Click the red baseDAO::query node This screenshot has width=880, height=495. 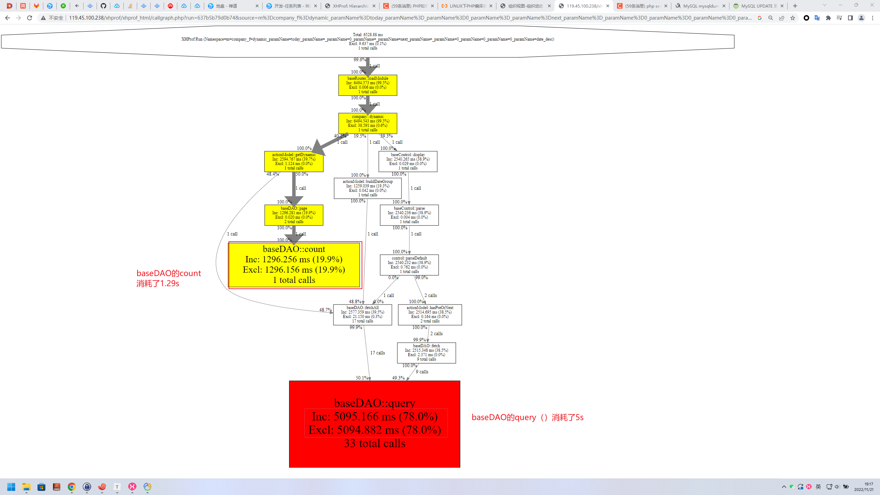click(374, 423)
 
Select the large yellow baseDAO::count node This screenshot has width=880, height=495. click(294, 265)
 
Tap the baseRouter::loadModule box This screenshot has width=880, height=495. click(367, 85)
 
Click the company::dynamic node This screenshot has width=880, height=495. click(367, 123)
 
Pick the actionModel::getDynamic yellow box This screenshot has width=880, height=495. click(294, 162)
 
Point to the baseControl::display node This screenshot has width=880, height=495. click(408, 162)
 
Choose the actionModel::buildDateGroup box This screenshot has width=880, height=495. click(367, 188)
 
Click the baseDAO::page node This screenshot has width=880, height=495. click(294, 215)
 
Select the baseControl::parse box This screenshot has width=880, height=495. click(409, 215)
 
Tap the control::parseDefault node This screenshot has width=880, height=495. click(409, 265)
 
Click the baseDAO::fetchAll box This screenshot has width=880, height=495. click(362, 315)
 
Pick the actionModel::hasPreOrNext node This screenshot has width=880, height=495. click(430, 315)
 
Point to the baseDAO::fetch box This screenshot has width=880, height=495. click(426, 353)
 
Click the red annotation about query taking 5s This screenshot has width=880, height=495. click(527, 417)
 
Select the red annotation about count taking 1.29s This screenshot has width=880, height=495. click(168, 278)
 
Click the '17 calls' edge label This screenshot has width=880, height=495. click(377, 353)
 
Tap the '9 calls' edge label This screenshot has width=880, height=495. click(422, 372)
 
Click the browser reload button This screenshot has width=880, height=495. click(30, 18)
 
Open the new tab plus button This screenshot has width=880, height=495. click(795, 6)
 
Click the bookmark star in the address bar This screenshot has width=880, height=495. click(793, 18)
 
